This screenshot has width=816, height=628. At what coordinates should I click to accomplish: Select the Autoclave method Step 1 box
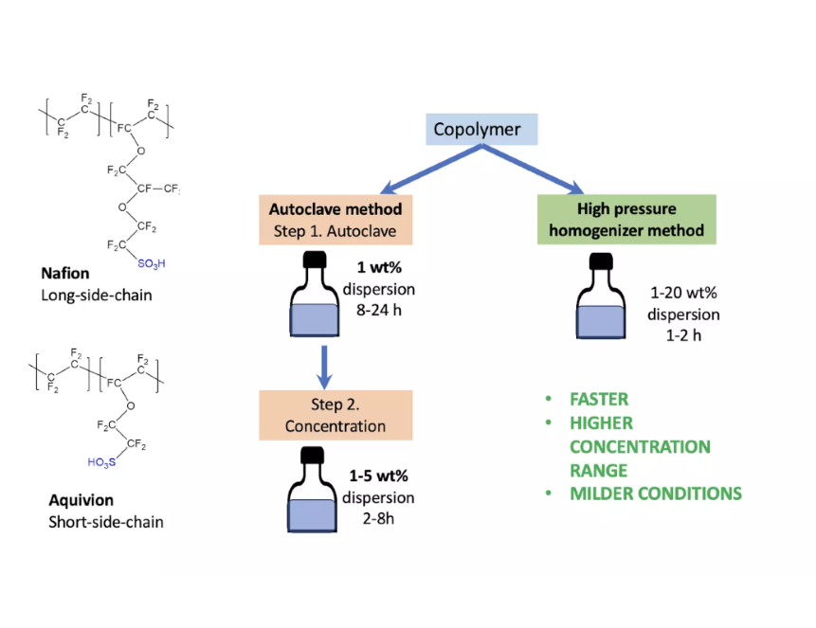[x=335, y=219]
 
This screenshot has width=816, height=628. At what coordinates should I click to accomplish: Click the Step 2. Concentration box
[x=335, y=415]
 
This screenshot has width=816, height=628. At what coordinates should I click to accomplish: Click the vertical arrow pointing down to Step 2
[x=325, y=366]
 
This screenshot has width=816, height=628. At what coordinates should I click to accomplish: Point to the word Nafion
[x=64, y=274]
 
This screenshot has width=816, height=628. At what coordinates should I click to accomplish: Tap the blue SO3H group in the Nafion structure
[x=148, y=262]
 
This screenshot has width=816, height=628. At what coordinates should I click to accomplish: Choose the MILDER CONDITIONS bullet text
[x=655, y=493]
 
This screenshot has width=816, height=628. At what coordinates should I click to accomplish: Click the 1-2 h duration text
[x=676, y=333]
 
